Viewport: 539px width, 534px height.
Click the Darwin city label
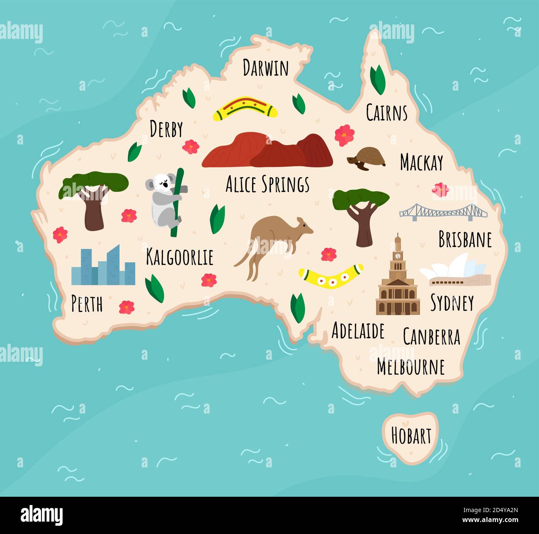265,68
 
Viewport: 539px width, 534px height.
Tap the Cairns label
386,113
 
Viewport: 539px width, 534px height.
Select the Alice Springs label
267,184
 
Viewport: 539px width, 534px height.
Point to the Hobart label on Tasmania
411,436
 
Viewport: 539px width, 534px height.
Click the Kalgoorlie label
180,257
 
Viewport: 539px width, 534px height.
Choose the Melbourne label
410,367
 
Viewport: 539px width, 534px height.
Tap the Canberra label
431,337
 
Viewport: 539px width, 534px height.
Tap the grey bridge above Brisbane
443,212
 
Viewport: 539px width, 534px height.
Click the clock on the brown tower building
398,256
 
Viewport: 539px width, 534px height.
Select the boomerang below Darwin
245,108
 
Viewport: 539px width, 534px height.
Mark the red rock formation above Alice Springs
267,151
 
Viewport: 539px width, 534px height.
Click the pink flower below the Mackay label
440,190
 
